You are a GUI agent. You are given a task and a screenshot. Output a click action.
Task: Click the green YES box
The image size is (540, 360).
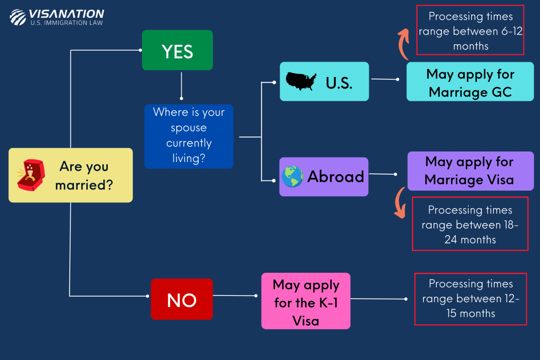point(177,50)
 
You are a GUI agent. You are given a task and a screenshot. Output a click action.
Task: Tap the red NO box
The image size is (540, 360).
point(181,299)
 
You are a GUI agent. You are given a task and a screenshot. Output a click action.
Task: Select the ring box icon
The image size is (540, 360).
point(31,175)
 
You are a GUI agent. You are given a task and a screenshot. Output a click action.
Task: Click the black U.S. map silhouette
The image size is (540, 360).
point(301,81)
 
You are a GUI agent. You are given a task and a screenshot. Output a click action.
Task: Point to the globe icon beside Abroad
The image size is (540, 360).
point(292,177)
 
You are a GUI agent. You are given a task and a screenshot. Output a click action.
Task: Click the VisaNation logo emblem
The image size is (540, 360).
point(17,17)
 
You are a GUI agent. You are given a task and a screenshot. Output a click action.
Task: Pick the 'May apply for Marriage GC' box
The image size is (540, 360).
point(470,82)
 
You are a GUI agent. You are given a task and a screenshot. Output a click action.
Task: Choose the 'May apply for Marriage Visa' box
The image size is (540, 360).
point(470,171)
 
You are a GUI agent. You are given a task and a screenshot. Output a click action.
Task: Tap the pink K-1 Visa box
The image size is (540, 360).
point(306,301)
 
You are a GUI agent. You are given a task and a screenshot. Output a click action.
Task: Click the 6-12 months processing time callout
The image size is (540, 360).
point(470,30)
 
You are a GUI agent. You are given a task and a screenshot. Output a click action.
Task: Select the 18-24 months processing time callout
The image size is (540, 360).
point(470,224)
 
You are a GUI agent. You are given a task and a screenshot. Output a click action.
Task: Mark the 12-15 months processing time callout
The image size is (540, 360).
point(470,299)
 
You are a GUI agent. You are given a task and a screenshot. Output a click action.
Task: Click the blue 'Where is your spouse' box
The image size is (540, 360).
point(189,136)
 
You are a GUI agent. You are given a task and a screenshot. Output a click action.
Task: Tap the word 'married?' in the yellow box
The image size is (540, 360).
point(84,185)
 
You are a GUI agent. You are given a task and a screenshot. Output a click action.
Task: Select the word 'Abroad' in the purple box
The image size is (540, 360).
point(335,177)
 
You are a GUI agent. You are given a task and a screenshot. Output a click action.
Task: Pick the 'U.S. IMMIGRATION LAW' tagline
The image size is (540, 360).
point(67,23)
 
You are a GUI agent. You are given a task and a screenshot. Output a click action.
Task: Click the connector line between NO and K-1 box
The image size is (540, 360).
point(234,296)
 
